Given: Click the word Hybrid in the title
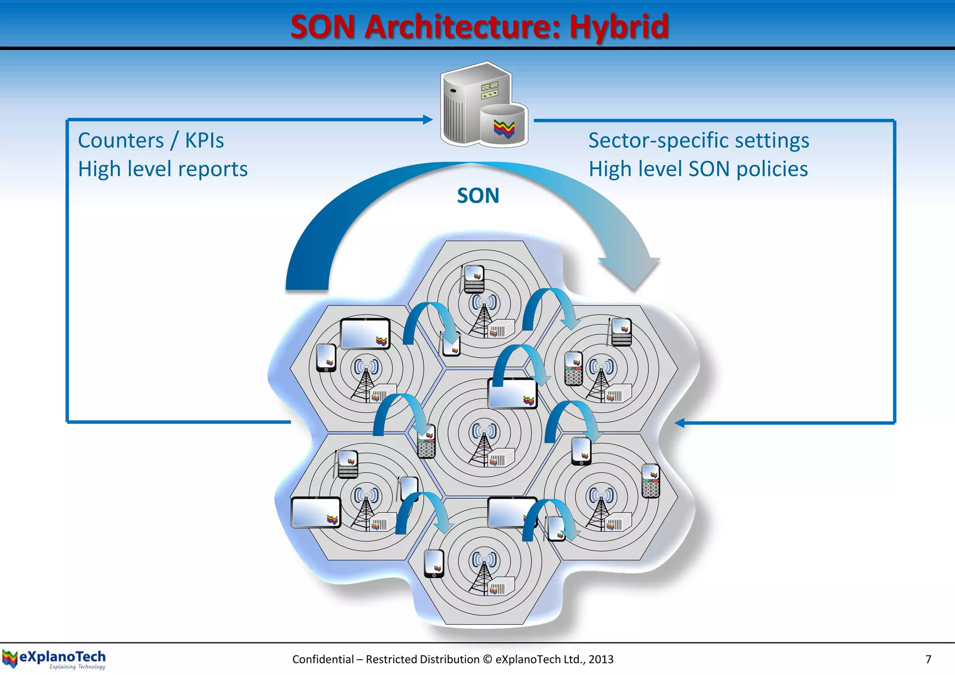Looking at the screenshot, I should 619,27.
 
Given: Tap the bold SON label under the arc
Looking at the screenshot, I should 478,196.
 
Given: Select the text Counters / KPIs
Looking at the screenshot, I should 151,140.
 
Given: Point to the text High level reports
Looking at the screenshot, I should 163,169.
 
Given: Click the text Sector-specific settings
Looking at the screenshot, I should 699,140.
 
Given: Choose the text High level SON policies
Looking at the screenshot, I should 698,169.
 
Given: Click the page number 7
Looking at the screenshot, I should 928,659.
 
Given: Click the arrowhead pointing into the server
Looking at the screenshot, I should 428,120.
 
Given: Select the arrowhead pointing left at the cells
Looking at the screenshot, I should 680,423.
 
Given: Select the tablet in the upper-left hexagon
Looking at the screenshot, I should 365,334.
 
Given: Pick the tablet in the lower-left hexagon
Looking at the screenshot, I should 316,512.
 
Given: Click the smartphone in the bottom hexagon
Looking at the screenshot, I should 434,563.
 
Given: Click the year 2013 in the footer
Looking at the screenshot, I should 601,659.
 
